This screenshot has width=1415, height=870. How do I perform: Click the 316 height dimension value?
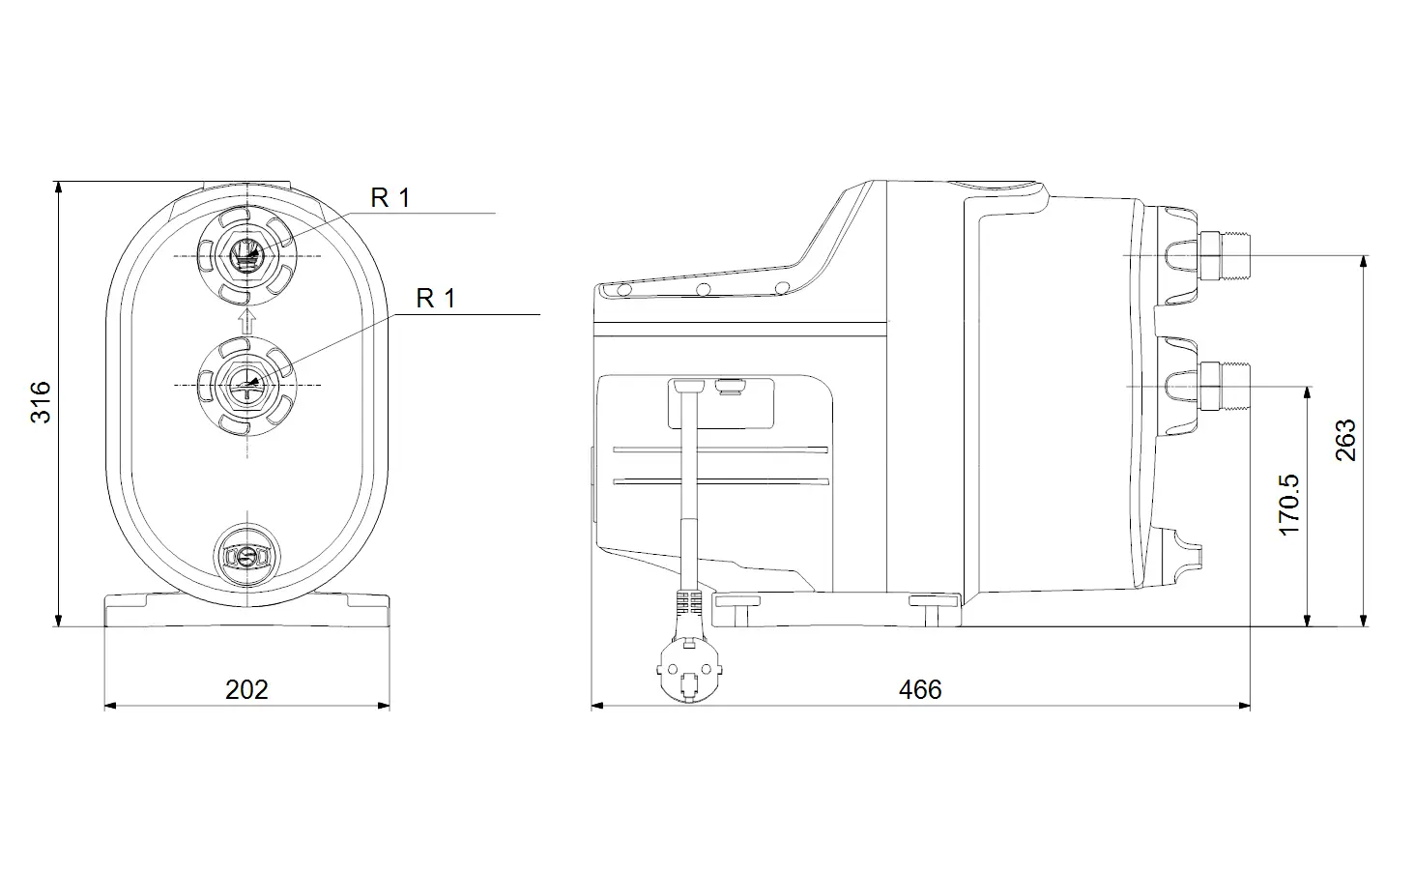click(41, 402)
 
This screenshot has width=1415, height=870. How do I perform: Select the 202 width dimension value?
click(247, 689)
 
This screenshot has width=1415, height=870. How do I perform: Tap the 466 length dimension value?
click(920, 689)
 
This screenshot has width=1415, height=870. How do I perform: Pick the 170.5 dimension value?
click(1289, 505)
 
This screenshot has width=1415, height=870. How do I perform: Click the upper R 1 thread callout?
click(390, 198)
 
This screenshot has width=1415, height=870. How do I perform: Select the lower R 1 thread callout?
click(436, 298)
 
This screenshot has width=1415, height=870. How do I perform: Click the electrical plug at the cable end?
click(689, 671)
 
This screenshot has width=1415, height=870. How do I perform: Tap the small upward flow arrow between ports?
click(247, 320)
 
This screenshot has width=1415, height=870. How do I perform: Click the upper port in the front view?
click(247, 255)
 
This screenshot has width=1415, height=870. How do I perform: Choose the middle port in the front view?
click(247, 385)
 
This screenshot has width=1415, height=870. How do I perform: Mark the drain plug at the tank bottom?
click(247, 557)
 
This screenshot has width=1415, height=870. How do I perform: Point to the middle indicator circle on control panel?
click(703, 290)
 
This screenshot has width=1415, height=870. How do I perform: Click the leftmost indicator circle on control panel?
click(624, 291)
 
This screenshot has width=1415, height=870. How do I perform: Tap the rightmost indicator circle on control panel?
click(782, 288)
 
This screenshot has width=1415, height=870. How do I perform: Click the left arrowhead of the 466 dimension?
click(597, 706)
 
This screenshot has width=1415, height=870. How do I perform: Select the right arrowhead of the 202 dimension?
click(384, 706)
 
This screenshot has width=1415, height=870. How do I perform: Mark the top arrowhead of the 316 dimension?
click(59, 188)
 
